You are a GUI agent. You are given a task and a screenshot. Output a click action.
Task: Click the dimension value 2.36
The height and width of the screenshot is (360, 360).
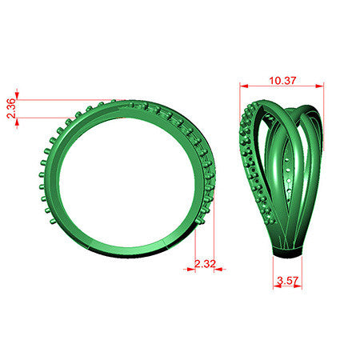[11, 109]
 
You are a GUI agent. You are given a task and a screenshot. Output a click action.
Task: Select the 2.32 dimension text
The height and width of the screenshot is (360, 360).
[205, 264]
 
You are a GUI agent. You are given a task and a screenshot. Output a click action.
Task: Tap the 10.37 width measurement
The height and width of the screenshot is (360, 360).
[282, 81]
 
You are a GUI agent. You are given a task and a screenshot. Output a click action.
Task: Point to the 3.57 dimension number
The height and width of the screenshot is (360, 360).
[287, 281]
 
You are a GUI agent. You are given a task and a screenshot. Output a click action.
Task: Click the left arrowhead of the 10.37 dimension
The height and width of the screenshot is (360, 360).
[244, 86]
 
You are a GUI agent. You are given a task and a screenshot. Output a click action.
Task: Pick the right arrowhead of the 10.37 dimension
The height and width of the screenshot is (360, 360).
[319, 86]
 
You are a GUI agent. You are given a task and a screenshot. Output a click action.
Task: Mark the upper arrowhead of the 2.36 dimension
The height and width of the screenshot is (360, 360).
[17, 95]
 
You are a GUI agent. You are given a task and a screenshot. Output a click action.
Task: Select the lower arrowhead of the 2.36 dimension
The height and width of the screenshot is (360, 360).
[17, 122]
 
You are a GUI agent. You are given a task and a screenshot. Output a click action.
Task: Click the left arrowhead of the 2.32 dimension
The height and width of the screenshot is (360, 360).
[191, 270]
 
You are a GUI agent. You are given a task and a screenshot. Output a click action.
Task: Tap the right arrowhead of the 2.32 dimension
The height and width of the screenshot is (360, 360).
[218, 270]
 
